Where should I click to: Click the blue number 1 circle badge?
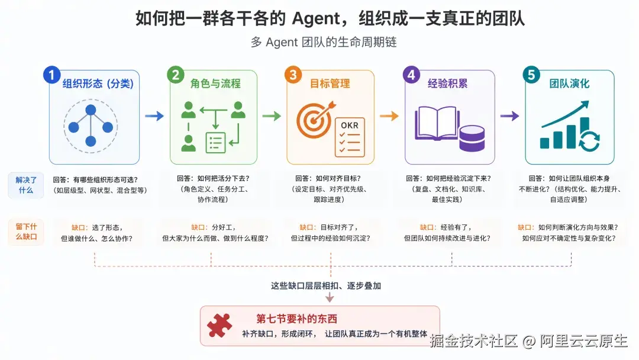[x=51, y=75]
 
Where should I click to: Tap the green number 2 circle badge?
[x=176, y=75]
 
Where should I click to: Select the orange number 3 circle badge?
[x=293, y=75]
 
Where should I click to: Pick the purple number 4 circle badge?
[x=411, y=75]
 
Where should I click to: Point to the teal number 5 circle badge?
[x=531, y=75]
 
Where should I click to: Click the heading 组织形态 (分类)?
[x=98, y=83]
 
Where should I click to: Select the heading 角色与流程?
[x=215, y=83]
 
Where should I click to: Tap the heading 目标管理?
[x=330, y=83]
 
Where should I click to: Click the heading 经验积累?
[x=447, y=83]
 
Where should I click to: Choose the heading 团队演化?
[x=569, y=83]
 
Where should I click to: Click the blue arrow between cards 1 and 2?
[x=154, y=116]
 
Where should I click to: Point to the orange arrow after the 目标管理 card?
[x=389, y=116]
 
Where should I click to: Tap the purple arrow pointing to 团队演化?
[x=510, y=116]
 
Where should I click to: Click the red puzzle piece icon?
[x=220, y=325]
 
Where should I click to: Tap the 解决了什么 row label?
[x=26, y=185]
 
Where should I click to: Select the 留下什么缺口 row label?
[x=26, y=232]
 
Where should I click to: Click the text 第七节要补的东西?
[x=296, y=319]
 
